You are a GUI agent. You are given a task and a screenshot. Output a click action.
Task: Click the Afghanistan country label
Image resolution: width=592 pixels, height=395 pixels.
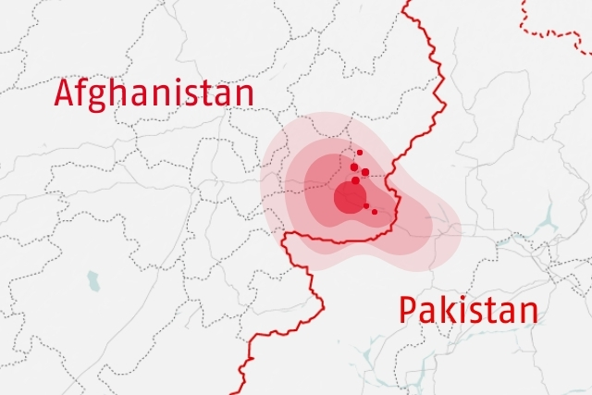154,93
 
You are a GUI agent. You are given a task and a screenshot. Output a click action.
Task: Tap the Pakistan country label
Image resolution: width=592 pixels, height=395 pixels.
468,310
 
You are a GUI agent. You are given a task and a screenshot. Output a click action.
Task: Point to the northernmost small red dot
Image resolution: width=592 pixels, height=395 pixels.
360,153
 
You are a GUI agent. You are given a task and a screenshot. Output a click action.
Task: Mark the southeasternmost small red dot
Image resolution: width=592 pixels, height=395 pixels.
375,212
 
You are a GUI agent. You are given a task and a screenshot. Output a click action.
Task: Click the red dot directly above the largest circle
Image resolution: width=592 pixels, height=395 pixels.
355,180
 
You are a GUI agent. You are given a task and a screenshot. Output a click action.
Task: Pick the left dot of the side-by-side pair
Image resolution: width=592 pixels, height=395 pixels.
353,167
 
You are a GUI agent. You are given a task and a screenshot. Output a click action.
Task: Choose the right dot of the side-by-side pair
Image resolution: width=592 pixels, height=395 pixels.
365,172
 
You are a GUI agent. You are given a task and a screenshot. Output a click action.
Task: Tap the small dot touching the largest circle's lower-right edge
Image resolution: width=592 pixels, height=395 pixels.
366,205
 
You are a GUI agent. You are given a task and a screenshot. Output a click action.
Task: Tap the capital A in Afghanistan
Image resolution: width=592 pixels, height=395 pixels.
66,93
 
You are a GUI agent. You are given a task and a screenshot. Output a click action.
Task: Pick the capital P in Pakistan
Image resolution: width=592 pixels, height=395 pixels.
409,310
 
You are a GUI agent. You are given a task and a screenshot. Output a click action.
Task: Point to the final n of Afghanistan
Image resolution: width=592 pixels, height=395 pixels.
242,95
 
